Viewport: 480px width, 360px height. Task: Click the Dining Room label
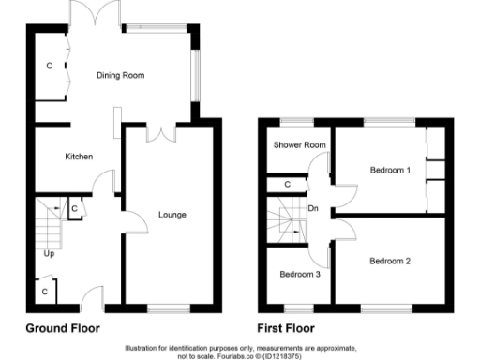[121, 76]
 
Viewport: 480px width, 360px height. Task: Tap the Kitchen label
[79, 157]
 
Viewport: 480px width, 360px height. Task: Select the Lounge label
[172, 215]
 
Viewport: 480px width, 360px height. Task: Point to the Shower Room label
[299, 144]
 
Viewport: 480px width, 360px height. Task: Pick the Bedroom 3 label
[300, 274]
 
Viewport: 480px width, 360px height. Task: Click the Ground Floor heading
[62, 329]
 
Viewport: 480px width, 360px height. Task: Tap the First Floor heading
[285, 329]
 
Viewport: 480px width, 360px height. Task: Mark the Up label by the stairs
[48, 253]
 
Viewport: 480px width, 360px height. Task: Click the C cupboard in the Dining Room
[50, 67]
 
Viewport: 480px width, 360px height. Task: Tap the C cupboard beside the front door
[44, 292]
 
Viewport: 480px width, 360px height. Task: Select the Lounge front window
[170, 307]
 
